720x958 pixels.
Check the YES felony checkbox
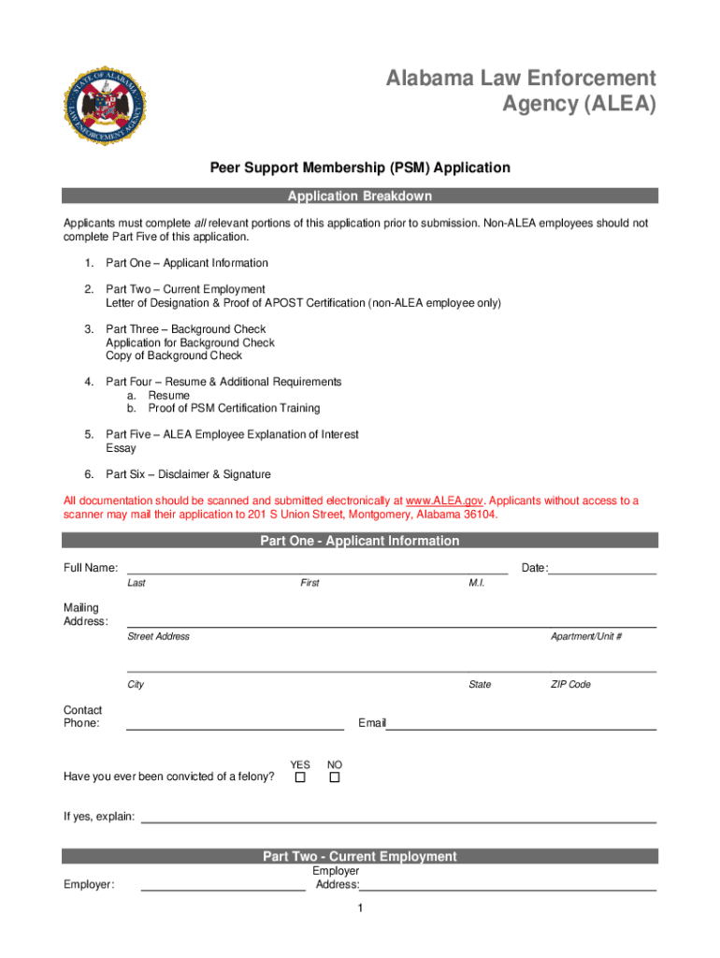pos(300,777)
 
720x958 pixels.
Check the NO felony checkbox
pos(334,777)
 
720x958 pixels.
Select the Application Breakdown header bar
pos(360,196)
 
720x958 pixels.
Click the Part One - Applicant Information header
pos(360,541)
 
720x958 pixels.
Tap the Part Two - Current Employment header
pos(360,856)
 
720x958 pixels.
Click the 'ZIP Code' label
pos(570,685)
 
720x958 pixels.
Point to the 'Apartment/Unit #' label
pos(586,636)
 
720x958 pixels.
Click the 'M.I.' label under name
pos(476,583)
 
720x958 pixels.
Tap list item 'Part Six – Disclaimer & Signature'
pos(188,474)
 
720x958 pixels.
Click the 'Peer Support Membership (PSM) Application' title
pos(360,168)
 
